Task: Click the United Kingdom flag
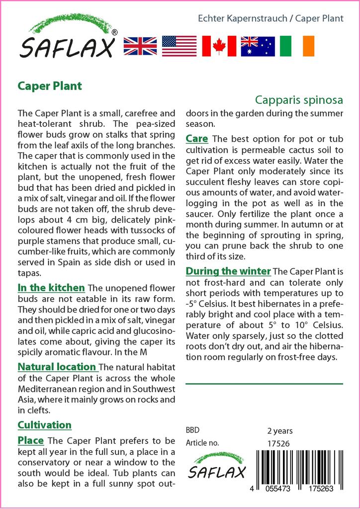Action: click(140, 46)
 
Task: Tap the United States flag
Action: click(180, 46)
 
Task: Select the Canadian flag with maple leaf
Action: click(219, 46)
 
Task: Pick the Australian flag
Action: click(258, 46)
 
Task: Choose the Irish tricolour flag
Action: click(297, 46)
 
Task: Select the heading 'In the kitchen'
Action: click(51, 288)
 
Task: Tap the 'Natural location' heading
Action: click(57, 367)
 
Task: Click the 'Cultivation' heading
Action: click(45, 425)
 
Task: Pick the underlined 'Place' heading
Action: click(31, 440)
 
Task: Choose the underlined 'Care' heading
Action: click(197, 138)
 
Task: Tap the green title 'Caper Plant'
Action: click(50, 85)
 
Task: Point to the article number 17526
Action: click(278, 443)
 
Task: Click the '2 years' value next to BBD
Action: click(280, 431)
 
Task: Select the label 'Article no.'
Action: click(202, 443)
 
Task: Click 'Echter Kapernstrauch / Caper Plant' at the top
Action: click(270, 18)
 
